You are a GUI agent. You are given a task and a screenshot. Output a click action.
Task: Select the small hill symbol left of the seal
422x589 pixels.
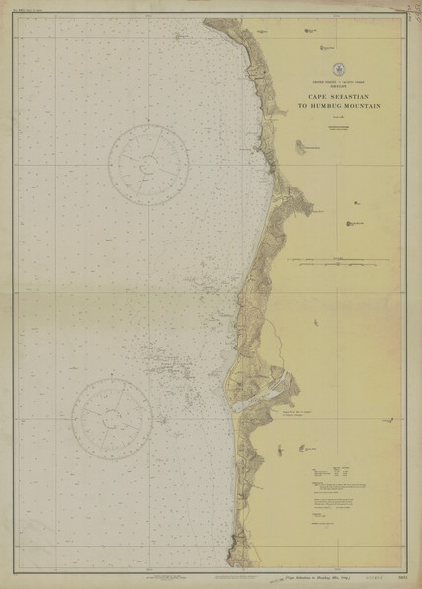click(313, 31)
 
